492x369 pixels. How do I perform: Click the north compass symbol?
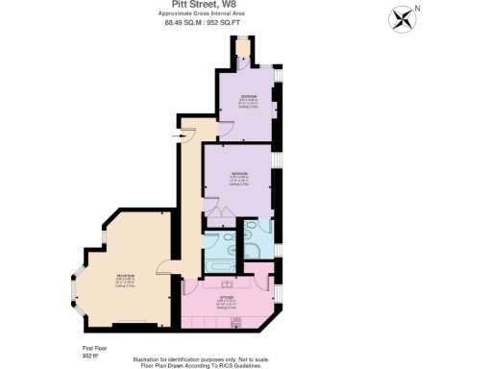[x=402, y=17]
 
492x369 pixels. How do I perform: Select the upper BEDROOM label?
[x=248, y=99]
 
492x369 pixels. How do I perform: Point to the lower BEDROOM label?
[x=239, y=175]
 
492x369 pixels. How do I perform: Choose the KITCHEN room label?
[x=227, y=300]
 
